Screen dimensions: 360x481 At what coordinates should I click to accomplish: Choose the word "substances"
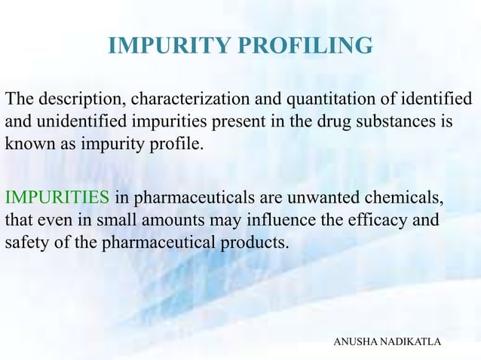tap(377, 121)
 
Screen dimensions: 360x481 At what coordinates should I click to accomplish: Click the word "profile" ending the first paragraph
tap(178, 143)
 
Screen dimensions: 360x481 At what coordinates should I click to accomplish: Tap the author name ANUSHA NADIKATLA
tap(387, 343)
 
